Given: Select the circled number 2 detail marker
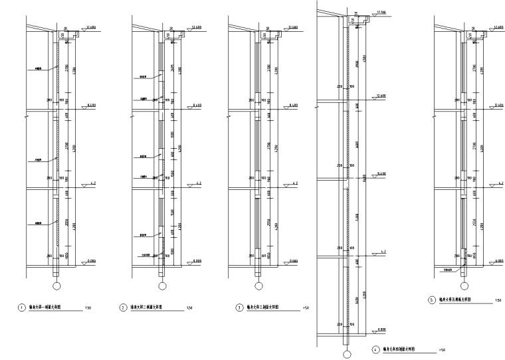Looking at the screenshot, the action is (124, 308).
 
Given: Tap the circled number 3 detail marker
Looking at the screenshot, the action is (239, 308).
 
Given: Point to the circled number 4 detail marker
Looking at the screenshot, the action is (375, 349).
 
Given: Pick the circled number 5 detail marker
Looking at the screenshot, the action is (431, 300).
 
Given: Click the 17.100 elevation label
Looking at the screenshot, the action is (381, 12).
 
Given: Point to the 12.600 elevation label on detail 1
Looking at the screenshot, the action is (92, 27).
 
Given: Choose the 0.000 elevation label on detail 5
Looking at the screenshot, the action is (498, 261).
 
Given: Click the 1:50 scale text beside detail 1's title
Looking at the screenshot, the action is (89, 308).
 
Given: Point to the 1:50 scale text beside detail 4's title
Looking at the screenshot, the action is (442, 349).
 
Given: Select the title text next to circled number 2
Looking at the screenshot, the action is (147, 308).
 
